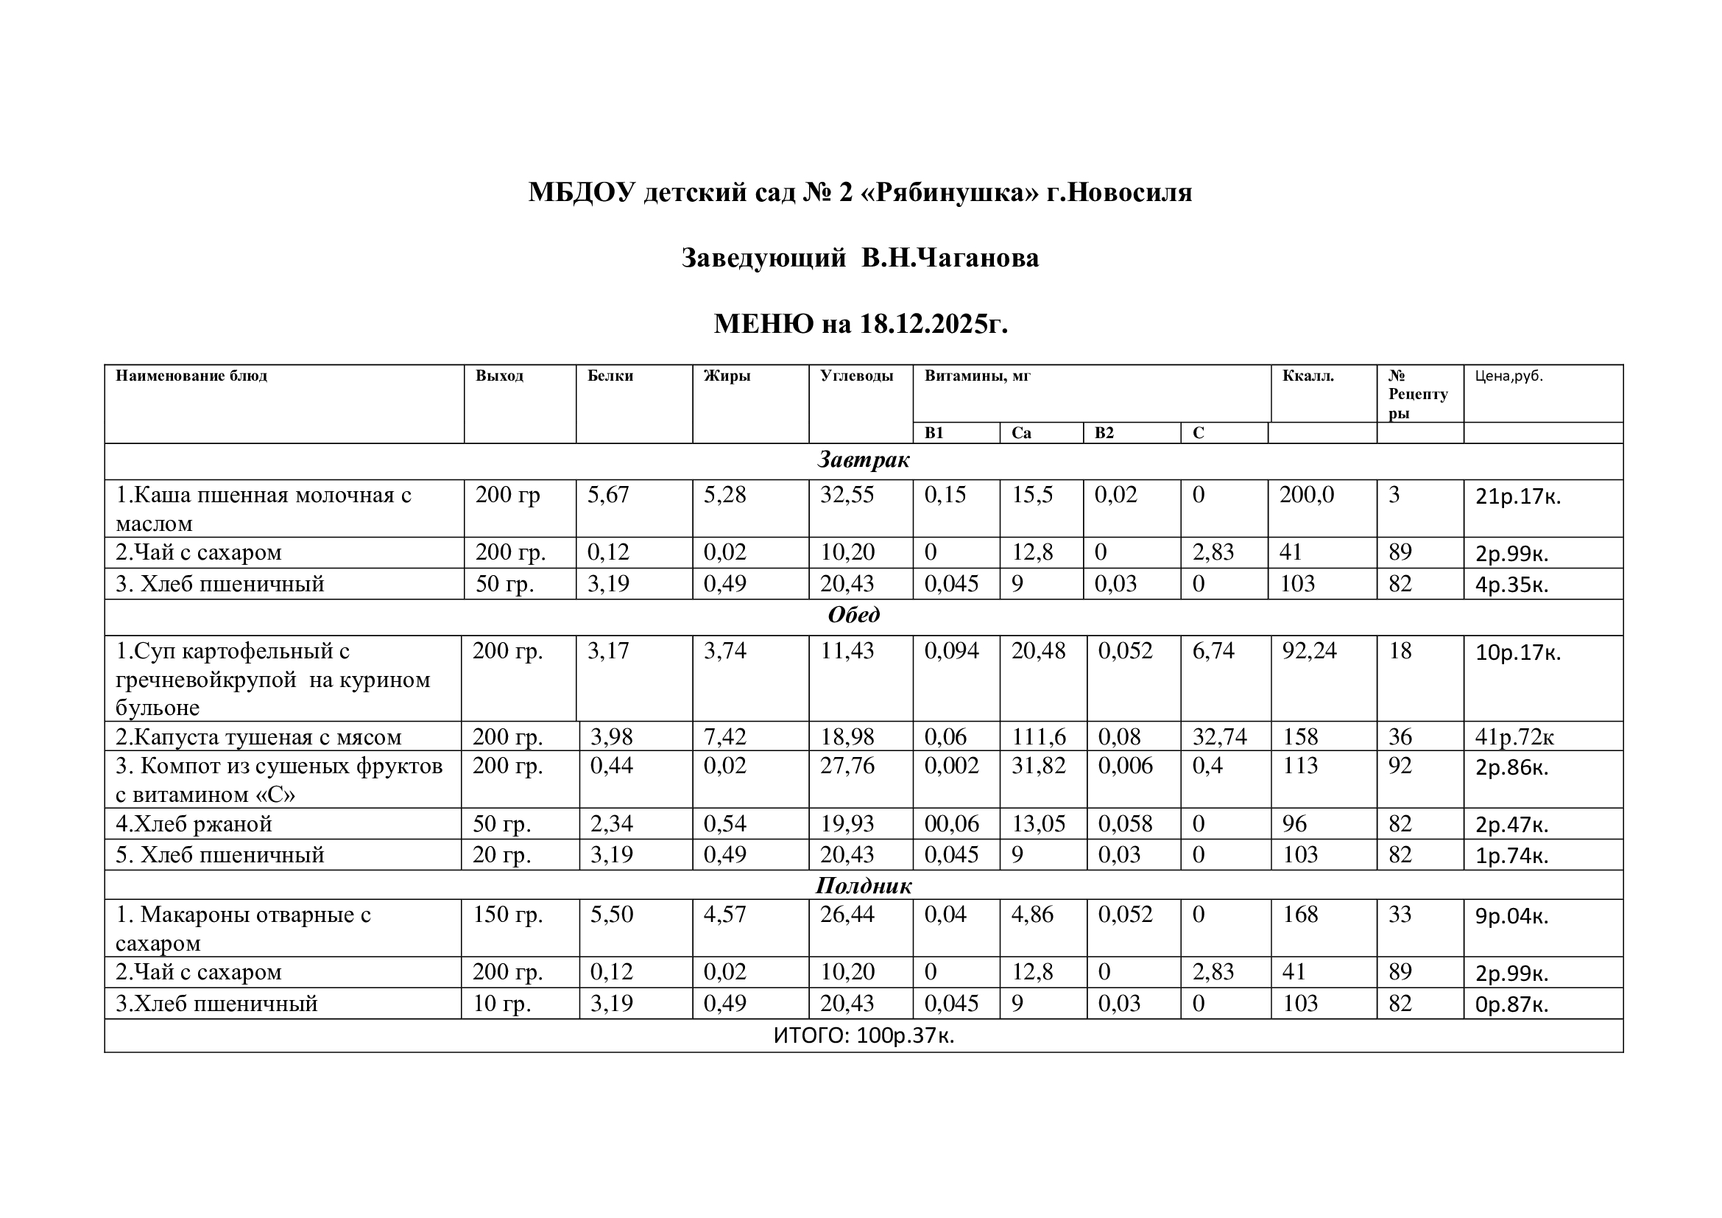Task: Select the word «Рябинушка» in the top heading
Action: (953, 193)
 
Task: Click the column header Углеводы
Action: (856, 376)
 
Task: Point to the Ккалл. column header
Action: (1308, 376)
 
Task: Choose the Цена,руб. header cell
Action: (1509, 376)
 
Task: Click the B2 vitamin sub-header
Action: (1104, 434)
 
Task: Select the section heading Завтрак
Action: (864, 460)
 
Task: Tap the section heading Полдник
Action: (864, 886)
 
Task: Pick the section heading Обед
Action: (853, 616)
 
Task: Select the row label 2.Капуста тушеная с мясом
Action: (258, 737)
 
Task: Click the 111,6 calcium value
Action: (1039, 737)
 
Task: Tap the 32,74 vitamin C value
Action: (1219, 737)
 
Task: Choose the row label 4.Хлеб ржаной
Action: (194, 824)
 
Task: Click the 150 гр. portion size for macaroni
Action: (508, 915)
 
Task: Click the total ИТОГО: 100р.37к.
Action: (864, 1037)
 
